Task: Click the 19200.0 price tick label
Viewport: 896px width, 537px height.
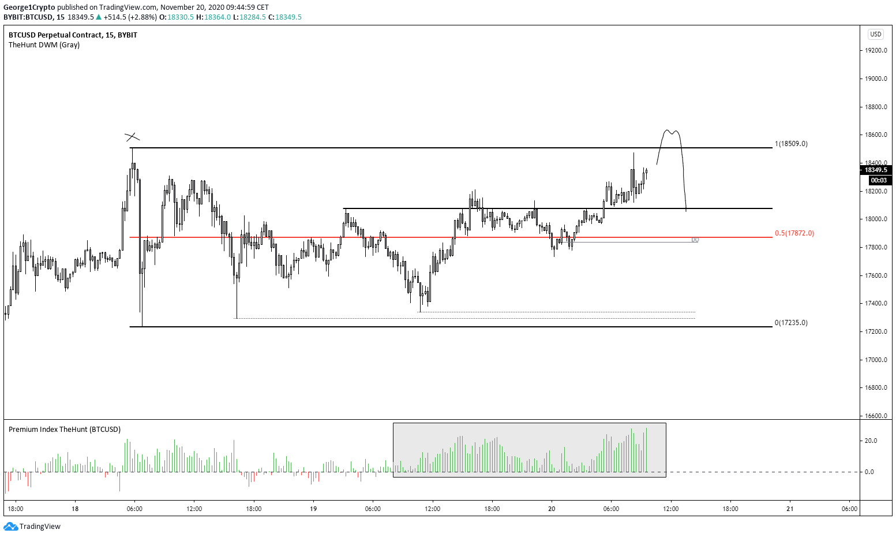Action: point(875,51)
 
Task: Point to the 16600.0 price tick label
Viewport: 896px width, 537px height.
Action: point(875,416)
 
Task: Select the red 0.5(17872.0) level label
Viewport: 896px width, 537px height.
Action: point(794,233)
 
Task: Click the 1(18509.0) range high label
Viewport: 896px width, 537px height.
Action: point(791,144)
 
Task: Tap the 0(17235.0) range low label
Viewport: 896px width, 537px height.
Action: point(791,323)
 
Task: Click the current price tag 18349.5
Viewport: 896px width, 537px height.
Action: point(875,170)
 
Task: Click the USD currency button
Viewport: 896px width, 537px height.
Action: point(876,34)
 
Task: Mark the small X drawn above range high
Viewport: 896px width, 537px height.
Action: point(132,137)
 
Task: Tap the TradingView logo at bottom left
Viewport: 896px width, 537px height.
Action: point(32,526)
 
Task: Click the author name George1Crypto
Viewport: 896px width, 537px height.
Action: point(29,8)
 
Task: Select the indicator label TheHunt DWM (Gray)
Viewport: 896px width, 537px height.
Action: point(44,45)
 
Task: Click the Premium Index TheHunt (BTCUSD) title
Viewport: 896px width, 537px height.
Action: point(65,430)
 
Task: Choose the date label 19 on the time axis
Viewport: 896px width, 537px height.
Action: point(313,509)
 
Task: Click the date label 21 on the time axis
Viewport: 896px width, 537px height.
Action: point(790,509)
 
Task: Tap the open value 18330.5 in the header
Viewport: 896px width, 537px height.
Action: point(181,17)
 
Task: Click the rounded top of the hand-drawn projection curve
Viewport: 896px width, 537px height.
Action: point(670,132)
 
